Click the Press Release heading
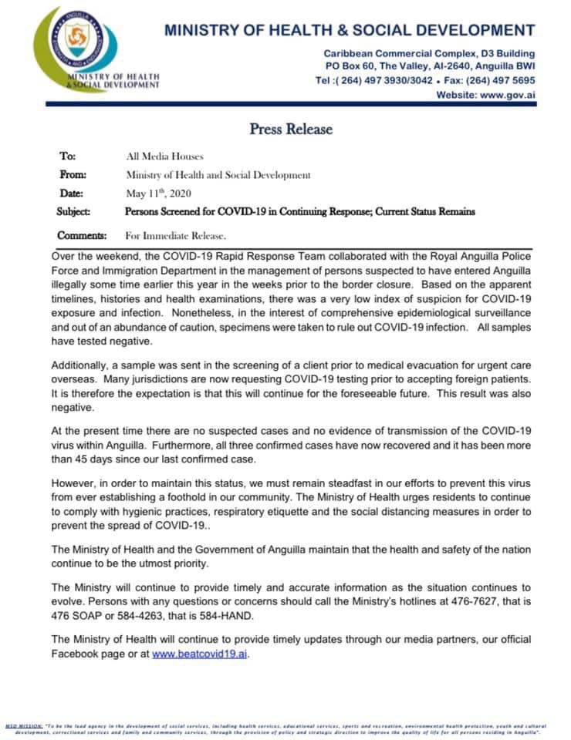coord(291,129)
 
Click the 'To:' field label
coord(67,156)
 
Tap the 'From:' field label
coord(73,174)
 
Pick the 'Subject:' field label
coord(74,211)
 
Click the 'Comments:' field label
coord(82,235)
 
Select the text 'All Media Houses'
coord(164,156)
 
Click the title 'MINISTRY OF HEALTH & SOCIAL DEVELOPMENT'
coord(349,31)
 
